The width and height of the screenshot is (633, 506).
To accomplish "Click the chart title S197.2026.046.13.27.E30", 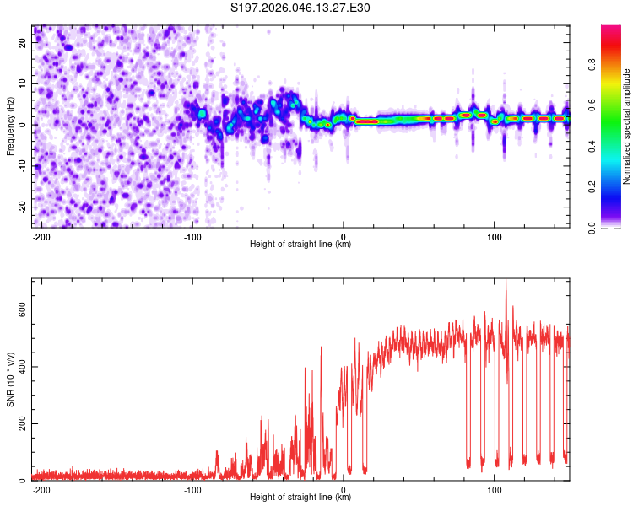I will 301,8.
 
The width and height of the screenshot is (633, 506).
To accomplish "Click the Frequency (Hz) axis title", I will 10,125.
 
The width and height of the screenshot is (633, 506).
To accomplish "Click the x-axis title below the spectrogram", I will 300,245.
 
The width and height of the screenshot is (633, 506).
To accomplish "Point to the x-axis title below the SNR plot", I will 300,498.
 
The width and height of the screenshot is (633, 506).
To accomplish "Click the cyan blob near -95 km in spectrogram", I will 202,113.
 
